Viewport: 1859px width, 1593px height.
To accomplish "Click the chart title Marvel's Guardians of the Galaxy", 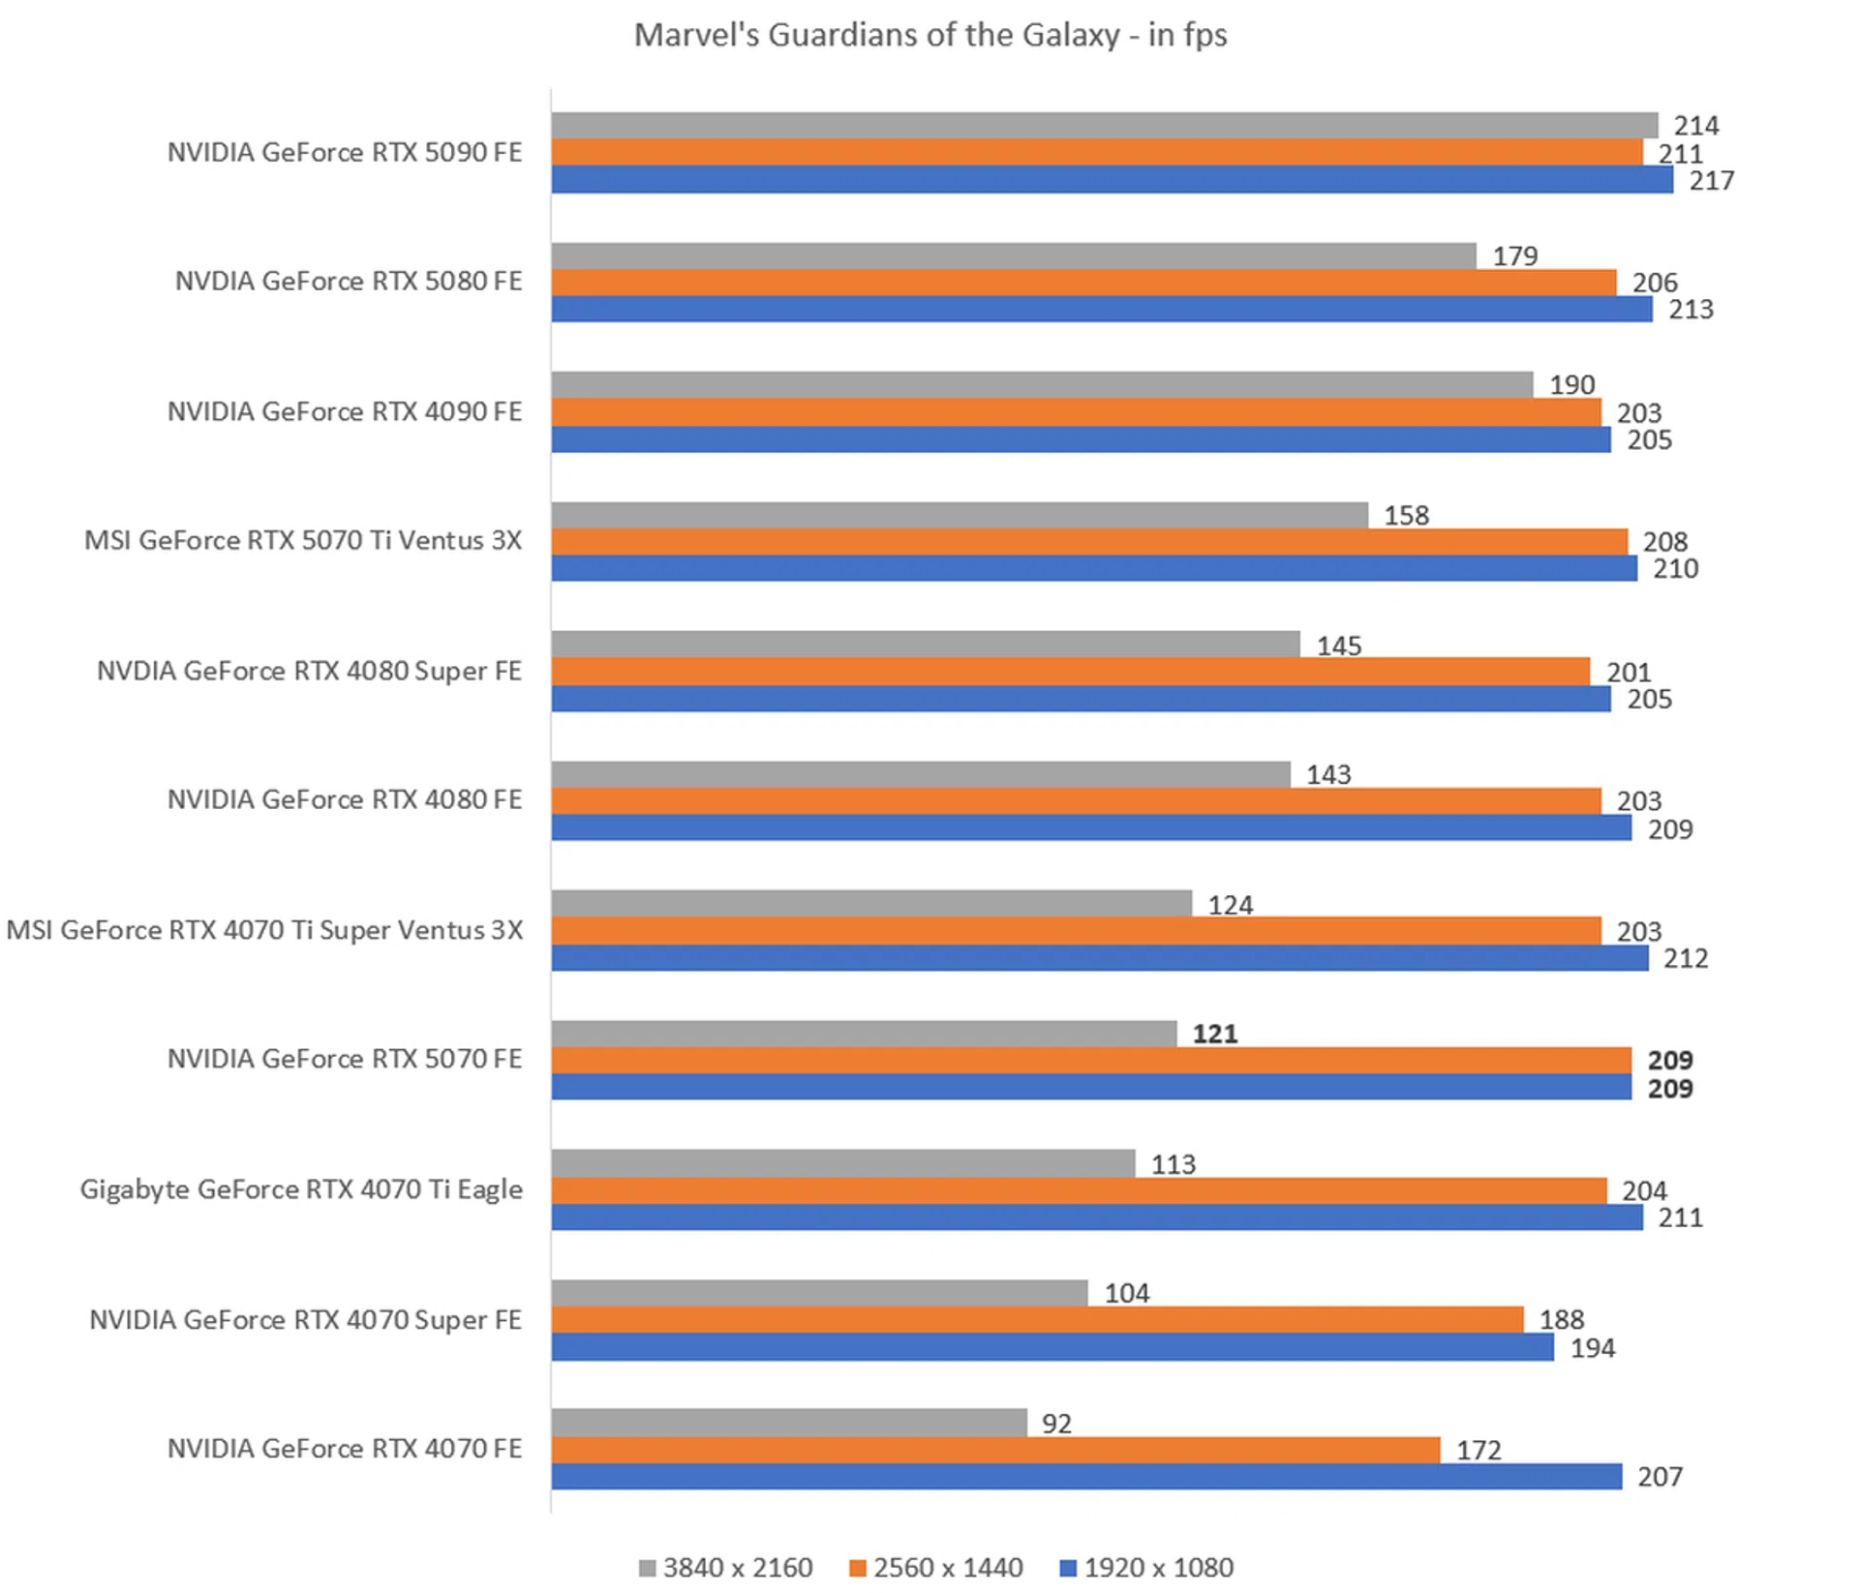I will point(929,35).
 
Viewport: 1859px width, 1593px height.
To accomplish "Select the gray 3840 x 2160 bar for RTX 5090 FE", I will point(1104,125).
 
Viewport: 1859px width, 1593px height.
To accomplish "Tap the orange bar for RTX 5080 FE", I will point(1083,283).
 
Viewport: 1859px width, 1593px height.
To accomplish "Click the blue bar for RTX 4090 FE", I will point(1081,439).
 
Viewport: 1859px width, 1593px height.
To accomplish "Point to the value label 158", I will point(1406,515).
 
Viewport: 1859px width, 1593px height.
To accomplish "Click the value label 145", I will point(1338,646).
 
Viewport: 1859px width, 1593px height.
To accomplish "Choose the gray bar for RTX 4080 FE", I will point(921,774).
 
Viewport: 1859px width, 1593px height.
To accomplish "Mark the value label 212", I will point(1686,958).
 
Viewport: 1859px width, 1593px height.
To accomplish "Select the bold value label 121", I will point(1215,1034).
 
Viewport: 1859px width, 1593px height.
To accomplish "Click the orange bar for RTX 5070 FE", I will point(1091,1061).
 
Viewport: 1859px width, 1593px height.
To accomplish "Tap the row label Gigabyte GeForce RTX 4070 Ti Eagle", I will point(301,1189).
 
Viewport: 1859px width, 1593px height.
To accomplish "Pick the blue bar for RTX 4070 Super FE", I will point(1052,1347).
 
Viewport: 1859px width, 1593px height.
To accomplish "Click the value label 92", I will point(1056,1424).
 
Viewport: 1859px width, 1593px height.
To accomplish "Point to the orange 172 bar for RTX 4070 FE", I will point(995,1450).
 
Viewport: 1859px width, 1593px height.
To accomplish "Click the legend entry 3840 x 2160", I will point(726,1567).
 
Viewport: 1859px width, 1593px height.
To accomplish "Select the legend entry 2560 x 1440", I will point(936,1567).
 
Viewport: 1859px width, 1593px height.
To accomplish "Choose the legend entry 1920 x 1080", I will point(1147,1567).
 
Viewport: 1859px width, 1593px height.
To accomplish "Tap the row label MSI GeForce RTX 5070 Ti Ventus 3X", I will point(303,540).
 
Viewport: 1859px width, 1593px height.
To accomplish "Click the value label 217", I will point(1711,181).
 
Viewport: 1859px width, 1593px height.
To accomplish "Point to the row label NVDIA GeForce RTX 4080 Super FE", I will point(309,671).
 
